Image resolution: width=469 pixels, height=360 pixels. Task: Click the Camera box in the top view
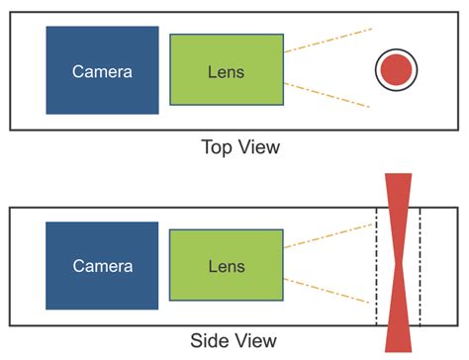pos(102,70)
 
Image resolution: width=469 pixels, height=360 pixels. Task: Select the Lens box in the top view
pos(227,70)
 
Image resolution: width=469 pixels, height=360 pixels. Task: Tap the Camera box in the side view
pos(102,265)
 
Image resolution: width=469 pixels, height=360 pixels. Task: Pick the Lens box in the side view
pos(227,265)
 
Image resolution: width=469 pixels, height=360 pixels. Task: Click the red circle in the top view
pos(396,70)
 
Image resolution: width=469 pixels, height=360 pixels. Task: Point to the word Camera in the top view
pos(102,71)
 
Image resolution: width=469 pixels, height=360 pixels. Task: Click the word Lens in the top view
pos(227,71)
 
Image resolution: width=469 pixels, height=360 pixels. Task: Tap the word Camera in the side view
pos(102,266)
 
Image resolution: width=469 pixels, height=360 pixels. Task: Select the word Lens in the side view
pos(227,266)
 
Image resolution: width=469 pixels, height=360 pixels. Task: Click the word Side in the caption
pos(217,341)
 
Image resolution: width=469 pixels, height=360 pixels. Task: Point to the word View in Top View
pos(259,148)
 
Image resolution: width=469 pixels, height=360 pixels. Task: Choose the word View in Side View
pos(260,341)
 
